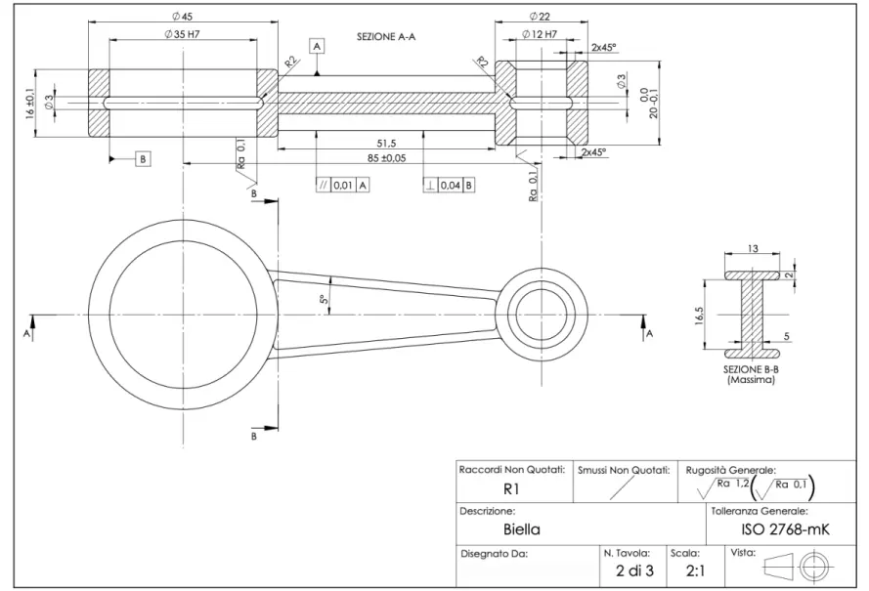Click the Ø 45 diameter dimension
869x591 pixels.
[x=181, y=18]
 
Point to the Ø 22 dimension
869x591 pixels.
[x=540, y=18]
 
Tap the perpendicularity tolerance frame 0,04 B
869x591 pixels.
[x=450, y=184]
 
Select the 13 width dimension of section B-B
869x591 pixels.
[x=753, y=249]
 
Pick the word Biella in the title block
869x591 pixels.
[x=521, y=530]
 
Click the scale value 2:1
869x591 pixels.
[x=696, y=570]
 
